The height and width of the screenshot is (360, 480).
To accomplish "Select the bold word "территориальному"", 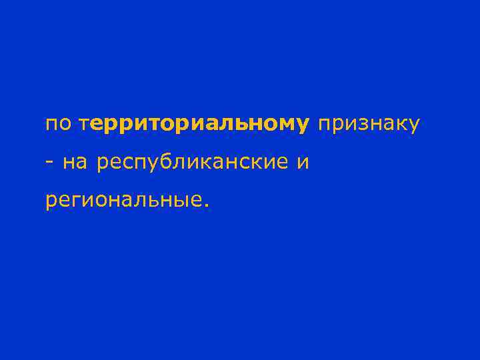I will pos(194,124).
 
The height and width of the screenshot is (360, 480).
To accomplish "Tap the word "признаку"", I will pos(369,124).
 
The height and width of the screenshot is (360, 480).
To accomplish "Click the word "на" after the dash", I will pos(75,162).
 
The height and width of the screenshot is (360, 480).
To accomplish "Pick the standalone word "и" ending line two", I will pos(303,162).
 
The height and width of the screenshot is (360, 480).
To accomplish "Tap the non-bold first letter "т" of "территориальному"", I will pos(83,124).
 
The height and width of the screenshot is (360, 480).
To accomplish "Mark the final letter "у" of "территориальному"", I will pos(303,125).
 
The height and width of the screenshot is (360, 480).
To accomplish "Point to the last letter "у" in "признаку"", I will pos(413,125).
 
